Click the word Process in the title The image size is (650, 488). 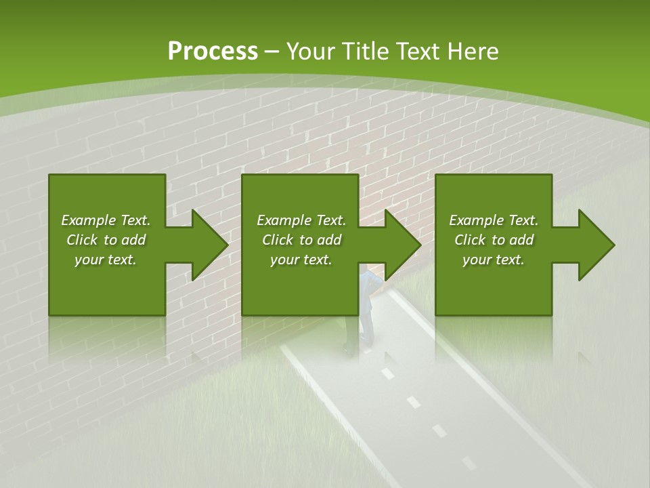(213, 52)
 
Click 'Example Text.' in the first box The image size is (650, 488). (106, 220)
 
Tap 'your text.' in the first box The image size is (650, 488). (106, 260)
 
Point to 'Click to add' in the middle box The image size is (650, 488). (301, 240)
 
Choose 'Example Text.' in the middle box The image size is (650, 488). (301, 220)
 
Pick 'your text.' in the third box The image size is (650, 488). (494, 260)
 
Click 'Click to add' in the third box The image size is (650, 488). (494, 240)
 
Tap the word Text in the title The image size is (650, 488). (414, 52)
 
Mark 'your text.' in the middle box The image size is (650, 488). (301, 260)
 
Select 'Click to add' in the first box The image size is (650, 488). (106, 240)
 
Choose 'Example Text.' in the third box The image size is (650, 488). (494, 220)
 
